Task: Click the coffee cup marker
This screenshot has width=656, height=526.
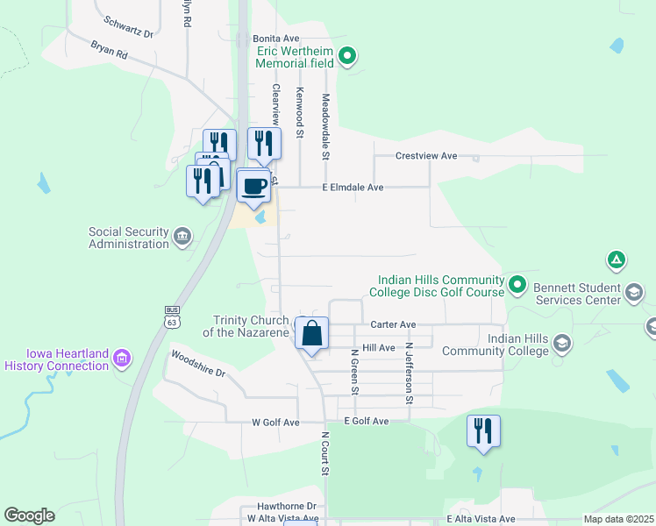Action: click(x=253, y=186)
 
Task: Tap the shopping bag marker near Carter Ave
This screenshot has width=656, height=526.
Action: click(x=311, y=334)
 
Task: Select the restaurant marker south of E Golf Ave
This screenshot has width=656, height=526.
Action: click(x=482, y=431)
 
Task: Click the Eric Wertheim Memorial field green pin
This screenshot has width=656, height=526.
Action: click(x=347, y=58)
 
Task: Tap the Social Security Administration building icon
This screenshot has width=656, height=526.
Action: click(x=182, y=237)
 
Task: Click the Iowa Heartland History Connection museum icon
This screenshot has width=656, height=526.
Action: click(x=122, y=358)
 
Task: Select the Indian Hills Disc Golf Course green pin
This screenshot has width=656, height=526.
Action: click(x=517, y=284)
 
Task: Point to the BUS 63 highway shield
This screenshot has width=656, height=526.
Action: click(x=172, y=316)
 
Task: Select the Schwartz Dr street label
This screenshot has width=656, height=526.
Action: click(x=128, y=27)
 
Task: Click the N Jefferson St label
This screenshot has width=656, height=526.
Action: click(x=409, y=372)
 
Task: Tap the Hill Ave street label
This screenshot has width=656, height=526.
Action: click(x=379, y=348)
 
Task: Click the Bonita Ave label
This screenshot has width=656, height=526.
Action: click(x=276, y=39)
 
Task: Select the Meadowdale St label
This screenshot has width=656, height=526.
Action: click(x=324, y=126)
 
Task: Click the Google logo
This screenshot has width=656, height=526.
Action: click(x=29, y=515)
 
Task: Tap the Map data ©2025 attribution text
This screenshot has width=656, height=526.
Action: click(x=617, y=519)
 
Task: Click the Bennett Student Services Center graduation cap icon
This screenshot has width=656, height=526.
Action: click(x=633, y=293)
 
